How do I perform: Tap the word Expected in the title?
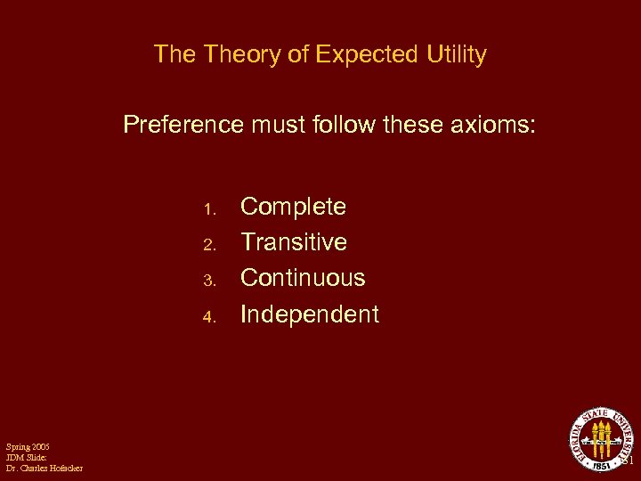(x=364, y=55)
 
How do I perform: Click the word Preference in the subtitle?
(x=183, y=124)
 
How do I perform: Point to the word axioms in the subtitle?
(x=494, y=124)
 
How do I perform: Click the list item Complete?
(x=294, y=207)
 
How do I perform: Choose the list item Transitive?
(x=294, y=242)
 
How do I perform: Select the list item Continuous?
(x=303, y=278)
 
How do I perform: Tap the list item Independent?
(x=310, y=314)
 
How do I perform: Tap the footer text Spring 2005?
(x=28, y=446)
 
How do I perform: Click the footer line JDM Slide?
(x=24, y=457)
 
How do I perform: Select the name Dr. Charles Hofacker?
(x=45, y=469)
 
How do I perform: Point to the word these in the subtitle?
(x=416, y=124)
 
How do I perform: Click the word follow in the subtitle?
(x=344, y=124)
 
